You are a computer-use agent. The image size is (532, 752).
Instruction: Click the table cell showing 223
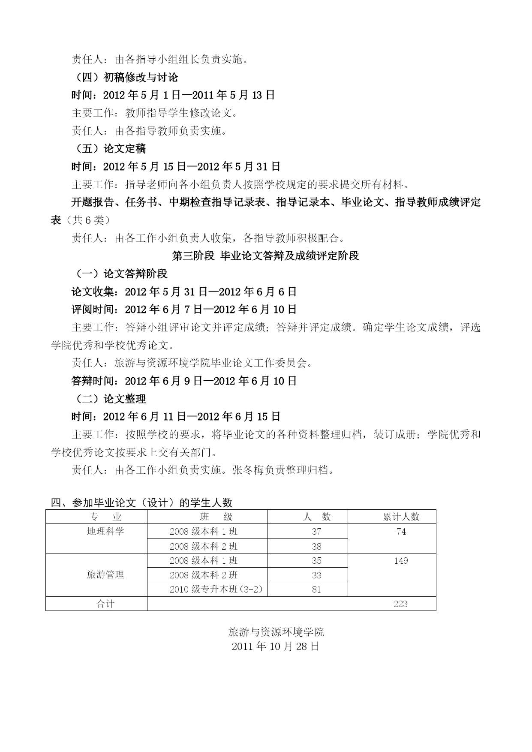tap(400, 604)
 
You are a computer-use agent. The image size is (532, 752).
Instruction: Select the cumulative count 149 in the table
tap(401, 561)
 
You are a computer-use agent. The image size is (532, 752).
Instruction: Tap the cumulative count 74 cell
tap(401, 532)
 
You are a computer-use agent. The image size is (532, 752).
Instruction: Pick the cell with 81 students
tap(316, 590)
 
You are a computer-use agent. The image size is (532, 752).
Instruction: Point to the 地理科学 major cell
tap(105, 532)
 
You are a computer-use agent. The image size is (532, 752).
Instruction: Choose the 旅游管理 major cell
tap(105, 575)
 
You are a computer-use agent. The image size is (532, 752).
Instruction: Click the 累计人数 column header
tap(401, 517)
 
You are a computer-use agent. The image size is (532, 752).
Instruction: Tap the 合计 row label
tap(105, 604)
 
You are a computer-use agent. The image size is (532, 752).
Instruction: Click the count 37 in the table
tap(316, 532)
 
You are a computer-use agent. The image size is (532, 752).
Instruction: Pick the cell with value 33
tap(316, 575)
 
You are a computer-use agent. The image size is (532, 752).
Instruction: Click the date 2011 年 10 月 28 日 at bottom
tap(276, 647)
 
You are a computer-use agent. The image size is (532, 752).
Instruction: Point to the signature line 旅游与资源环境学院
tap(276, 632)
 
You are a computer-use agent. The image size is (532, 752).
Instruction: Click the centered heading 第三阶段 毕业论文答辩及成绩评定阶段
tap(265, 256)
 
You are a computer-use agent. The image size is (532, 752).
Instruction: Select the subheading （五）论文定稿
tap(109, 149)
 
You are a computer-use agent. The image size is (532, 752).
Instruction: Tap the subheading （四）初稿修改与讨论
tap(125, 78)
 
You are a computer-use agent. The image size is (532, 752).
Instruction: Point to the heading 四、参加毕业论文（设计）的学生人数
tap(141, 502)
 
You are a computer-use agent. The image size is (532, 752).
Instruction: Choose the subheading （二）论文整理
tap(109, 399)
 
